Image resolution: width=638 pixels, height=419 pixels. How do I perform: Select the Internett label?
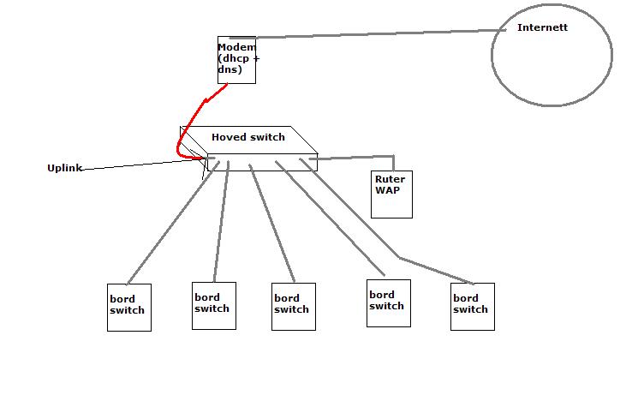[542, 27]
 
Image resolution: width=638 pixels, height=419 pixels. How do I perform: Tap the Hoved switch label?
[248, 137]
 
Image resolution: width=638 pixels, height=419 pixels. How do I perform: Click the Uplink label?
[64, 168]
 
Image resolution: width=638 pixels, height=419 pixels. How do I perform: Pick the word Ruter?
[390, 179]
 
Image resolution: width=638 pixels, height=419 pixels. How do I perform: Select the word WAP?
[387, 189]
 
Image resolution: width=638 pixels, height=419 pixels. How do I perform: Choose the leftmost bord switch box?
[129, 307]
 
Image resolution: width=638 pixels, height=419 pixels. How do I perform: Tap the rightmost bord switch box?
[473, 307]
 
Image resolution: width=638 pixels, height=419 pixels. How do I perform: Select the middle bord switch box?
[294, 306]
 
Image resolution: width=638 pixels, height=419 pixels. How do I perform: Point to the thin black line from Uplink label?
[137, 163]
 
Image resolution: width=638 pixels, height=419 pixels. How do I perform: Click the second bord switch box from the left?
[214, 305]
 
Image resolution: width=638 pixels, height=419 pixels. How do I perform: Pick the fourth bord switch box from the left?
[389, 302]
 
